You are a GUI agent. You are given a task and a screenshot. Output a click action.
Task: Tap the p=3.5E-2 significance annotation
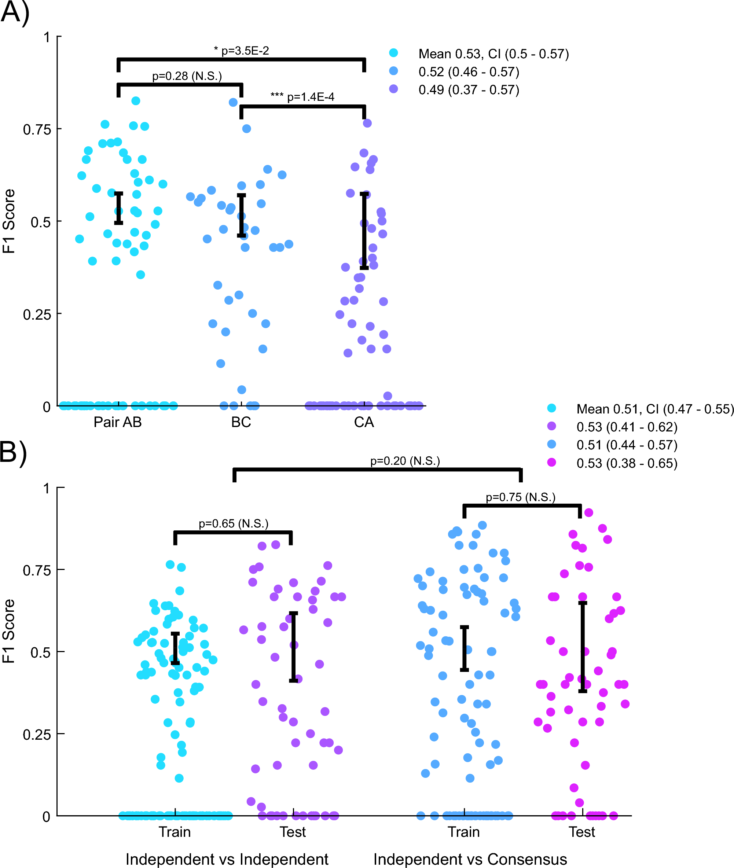tap(241, 51)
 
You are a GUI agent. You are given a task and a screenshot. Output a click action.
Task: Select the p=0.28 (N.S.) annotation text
tap(187, 76)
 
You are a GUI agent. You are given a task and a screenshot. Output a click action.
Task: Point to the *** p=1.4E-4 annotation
tap(302, 97)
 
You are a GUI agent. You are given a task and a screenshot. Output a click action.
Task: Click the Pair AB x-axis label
tap(118, 422)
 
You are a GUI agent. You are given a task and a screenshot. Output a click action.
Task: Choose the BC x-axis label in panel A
tap(241, 422)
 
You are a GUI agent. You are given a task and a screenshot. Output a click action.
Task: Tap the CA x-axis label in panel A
tap(364, 422)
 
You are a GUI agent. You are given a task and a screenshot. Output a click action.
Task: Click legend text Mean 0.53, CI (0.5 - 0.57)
tap(493, 54)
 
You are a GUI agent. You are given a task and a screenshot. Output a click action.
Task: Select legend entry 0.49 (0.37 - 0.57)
tap(469, 90)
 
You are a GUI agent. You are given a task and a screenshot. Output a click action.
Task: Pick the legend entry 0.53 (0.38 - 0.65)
tap(627, 463)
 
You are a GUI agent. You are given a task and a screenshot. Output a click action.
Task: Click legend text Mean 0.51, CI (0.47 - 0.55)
tap(654, 409)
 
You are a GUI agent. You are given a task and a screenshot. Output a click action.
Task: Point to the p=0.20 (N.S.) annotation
tap(405, 461)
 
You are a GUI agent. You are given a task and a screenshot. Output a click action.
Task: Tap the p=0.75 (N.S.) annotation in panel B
tap(521, 497)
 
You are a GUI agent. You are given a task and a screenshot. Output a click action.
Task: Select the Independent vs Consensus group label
tap(470, 859)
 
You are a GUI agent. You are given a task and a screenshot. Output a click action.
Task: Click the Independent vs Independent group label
tap(227, 859)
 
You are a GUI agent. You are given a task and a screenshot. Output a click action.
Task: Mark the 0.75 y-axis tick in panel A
tap(37, 129)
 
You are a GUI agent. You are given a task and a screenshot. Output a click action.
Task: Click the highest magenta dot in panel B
tap(588, 512)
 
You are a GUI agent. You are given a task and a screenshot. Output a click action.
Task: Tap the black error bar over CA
tap(364, 231)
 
